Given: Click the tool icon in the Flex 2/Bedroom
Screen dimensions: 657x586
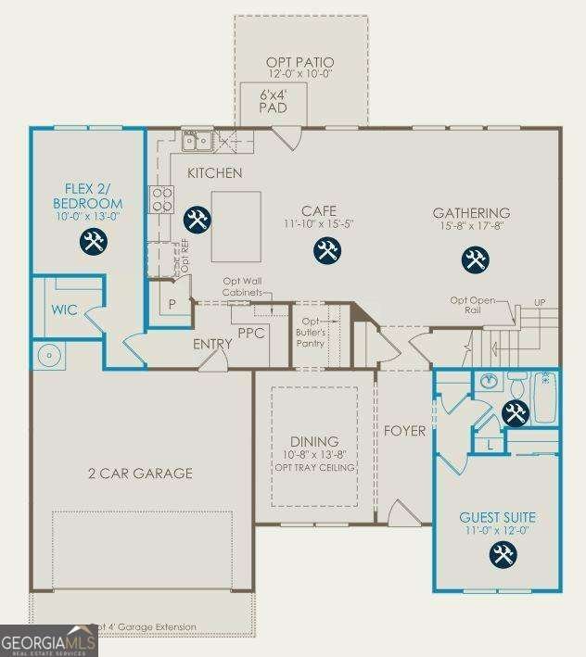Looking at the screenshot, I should (x=95, y=243).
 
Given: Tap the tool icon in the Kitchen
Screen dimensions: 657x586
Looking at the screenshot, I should (x=197, y=220).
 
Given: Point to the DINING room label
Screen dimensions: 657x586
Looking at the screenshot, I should (x=313, y=441).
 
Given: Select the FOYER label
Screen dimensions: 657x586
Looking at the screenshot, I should (x=403, y=431).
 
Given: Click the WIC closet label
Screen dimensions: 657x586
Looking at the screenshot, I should (x=64, y=310).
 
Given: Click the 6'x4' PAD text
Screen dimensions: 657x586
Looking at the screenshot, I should (x=273, y=99).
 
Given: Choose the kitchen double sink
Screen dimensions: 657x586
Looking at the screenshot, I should (x=197, y=141).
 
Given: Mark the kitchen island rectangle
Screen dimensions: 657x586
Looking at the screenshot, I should (x=236, y=228).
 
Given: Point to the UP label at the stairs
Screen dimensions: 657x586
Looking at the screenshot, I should (x=539, y=303).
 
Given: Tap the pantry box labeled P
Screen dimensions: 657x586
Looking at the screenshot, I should (x=172, y=304).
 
